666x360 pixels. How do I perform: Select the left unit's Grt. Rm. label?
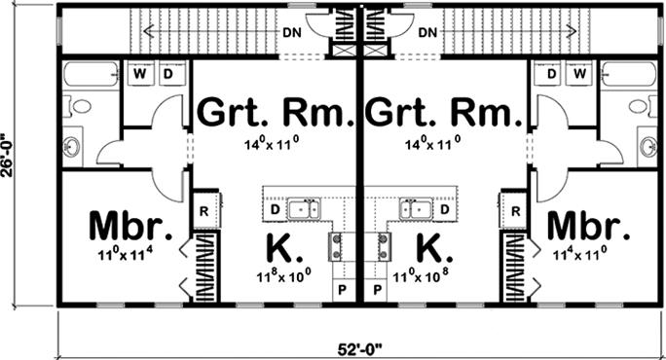(x=275, y=114)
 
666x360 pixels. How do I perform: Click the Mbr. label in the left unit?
(x=130, y=226)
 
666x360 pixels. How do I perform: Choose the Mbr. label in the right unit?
(x=587, y=226)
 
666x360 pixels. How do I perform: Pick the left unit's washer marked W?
(x=139, y=73)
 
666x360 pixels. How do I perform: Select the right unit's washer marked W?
(x=580, y=73)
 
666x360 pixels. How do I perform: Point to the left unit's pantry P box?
(x=343, y=290)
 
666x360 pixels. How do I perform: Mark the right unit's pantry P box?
(x=377, y=290)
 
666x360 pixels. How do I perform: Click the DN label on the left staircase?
(x=292, y=32)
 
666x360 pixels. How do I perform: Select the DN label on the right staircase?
(x=426, y=32)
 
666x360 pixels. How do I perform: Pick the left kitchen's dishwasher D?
(x=276, y=208)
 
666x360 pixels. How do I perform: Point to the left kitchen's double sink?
(x=309, y=207)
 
